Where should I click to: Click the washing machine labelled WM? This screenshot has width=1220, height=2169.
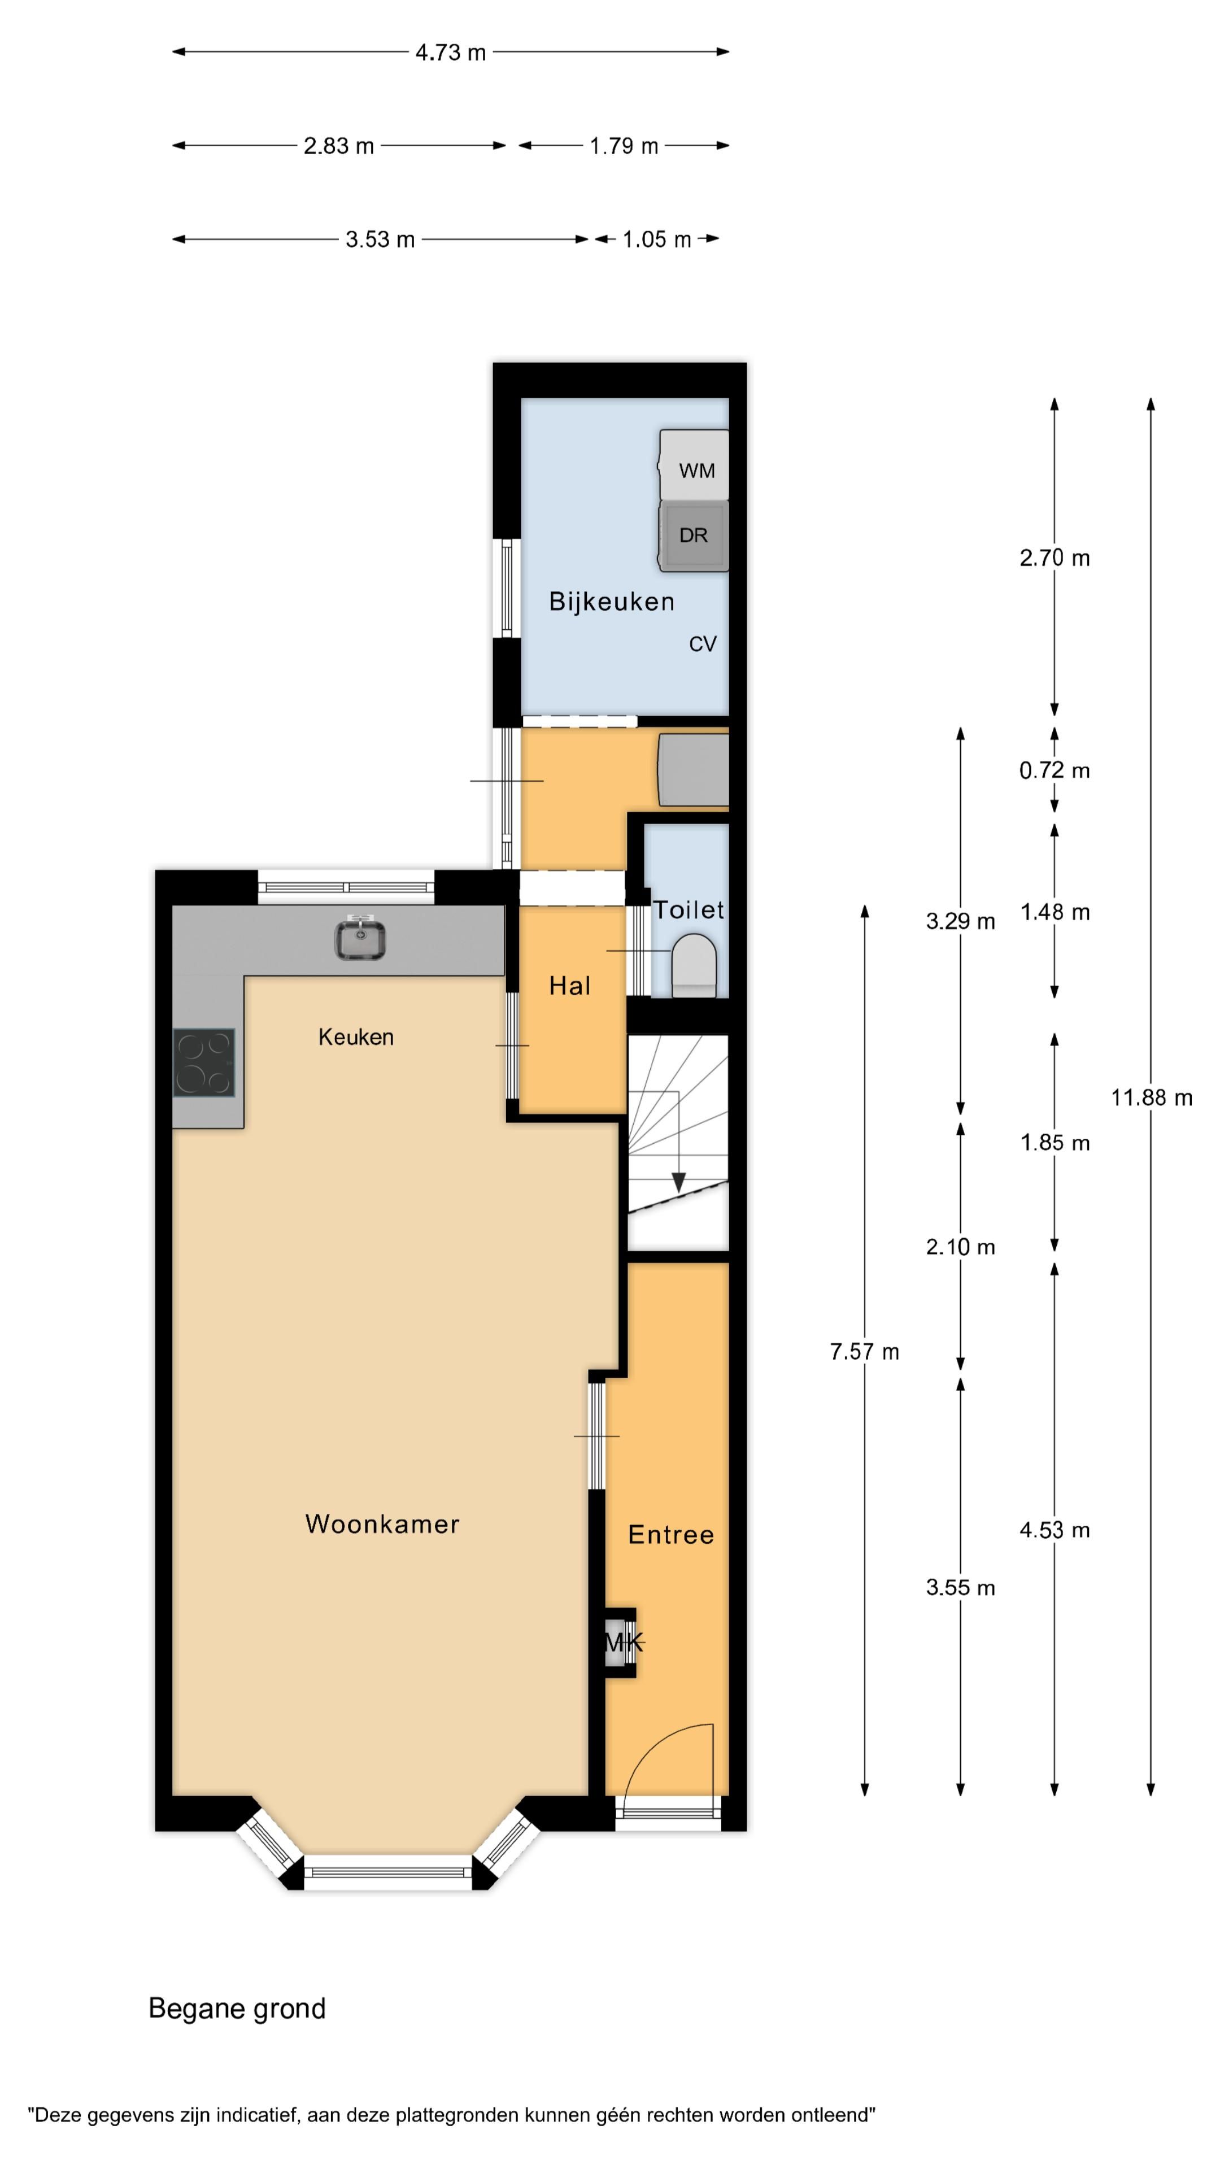tap(693, 465)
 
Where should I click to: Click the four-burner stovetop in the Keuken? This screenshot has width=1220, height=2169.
tap(204, 1062)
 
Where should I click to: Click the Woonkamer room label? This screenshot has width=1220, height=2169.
tap(382, 1524)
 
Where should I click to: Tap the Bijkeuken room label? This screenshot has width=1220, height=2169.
tap(611, 601)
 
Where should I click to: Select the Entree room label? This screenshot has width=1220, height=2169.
tap(670, 1534)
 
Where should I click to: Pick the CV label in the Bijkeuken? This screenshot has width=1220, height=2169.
tap(702, 644)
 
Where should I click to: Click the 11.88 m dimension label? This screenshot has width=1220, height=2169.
tap(1151, 1097)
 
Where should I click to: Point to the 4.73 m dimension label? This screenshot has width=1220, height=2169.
tap(451, 52)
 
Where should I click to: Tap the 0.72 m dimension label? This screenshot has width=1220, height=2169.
tap(1054, 770)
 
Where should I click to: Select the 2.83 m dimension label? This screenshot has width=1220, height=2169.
tap(338, 146)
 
